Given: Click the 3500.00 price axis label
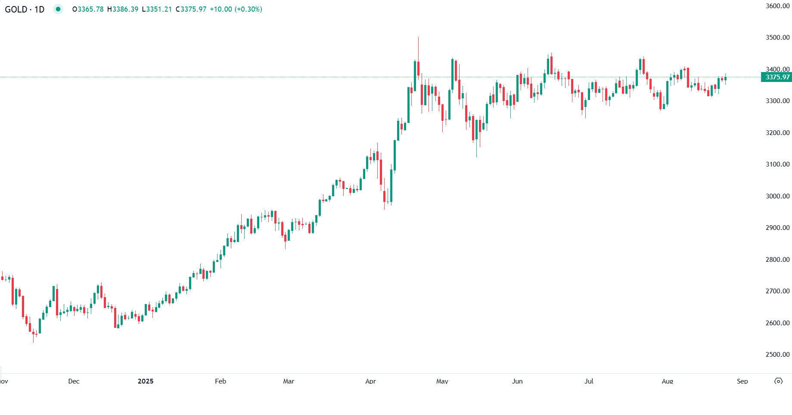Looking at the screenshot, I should click(x=777, y=38).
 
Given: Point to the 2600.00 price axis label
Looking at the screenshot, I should click(x=777, y=323).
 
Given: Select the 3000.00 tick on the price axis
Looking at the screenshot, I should click(x=777, y=196).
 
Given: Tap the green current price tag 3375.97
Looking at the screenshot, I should click(x=777, y=77).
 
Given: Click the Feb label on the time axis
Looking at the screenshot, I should click(x=221, y=381).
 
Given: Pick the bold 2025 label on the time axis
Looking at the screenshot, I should click(x=146, y=381).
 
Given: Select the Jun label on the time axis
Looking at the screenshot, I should click(x=517, y=381).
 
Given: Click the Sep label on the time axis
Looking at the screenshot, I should click(x=742, y=381).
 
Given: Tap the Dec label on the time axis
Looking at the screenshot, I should click(x=74, y=381).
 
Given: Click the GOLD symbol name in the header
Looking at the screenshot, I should click(x=16, y=9).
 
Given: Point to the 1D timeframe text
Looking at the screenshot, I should click(x=39, y=9).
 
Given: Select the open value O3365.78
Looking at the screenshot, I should click(x=88, y=9).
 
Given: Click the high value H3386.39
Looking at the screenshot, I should click(x=123, y=9).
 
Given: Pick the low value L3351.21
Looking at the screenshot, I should click(x=157, y=9).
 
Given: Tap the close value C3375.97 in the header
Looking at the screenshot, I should click(x=191, y=9).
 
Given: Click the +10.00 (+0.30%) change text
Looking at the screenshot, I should click(x=236, y=9).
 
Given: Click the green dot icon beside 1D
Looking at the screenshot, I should click(x=58, y=9).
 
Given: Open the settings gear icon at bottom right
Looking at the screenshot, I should click(x=778, y=381).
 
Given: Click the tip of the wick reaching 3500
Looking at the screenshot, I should click(x=418, y=38).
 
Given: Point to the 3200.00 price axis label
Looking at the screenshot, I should click(x=777, y=132).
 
